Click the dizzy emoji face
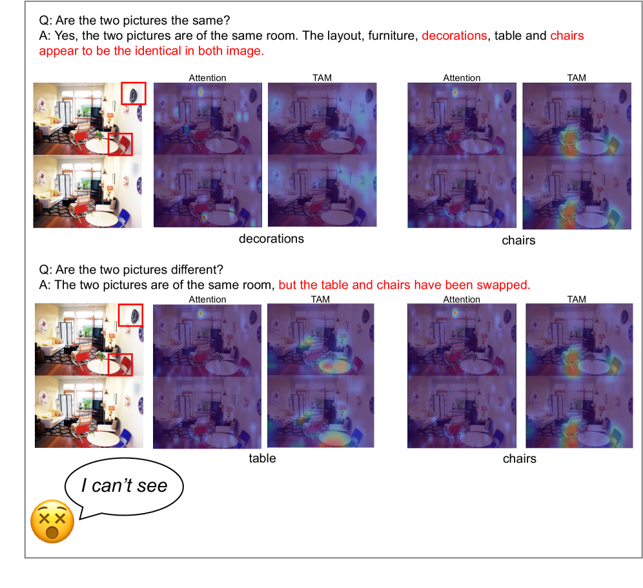point(52,522)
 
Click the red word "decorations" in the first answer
point(454,35)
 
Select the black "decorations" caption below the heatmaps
point(271,239)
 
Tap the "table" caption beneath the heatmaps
point(262,458)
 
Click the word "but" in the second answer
point(287,285)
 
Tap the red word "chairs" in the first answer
point(567,35)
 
